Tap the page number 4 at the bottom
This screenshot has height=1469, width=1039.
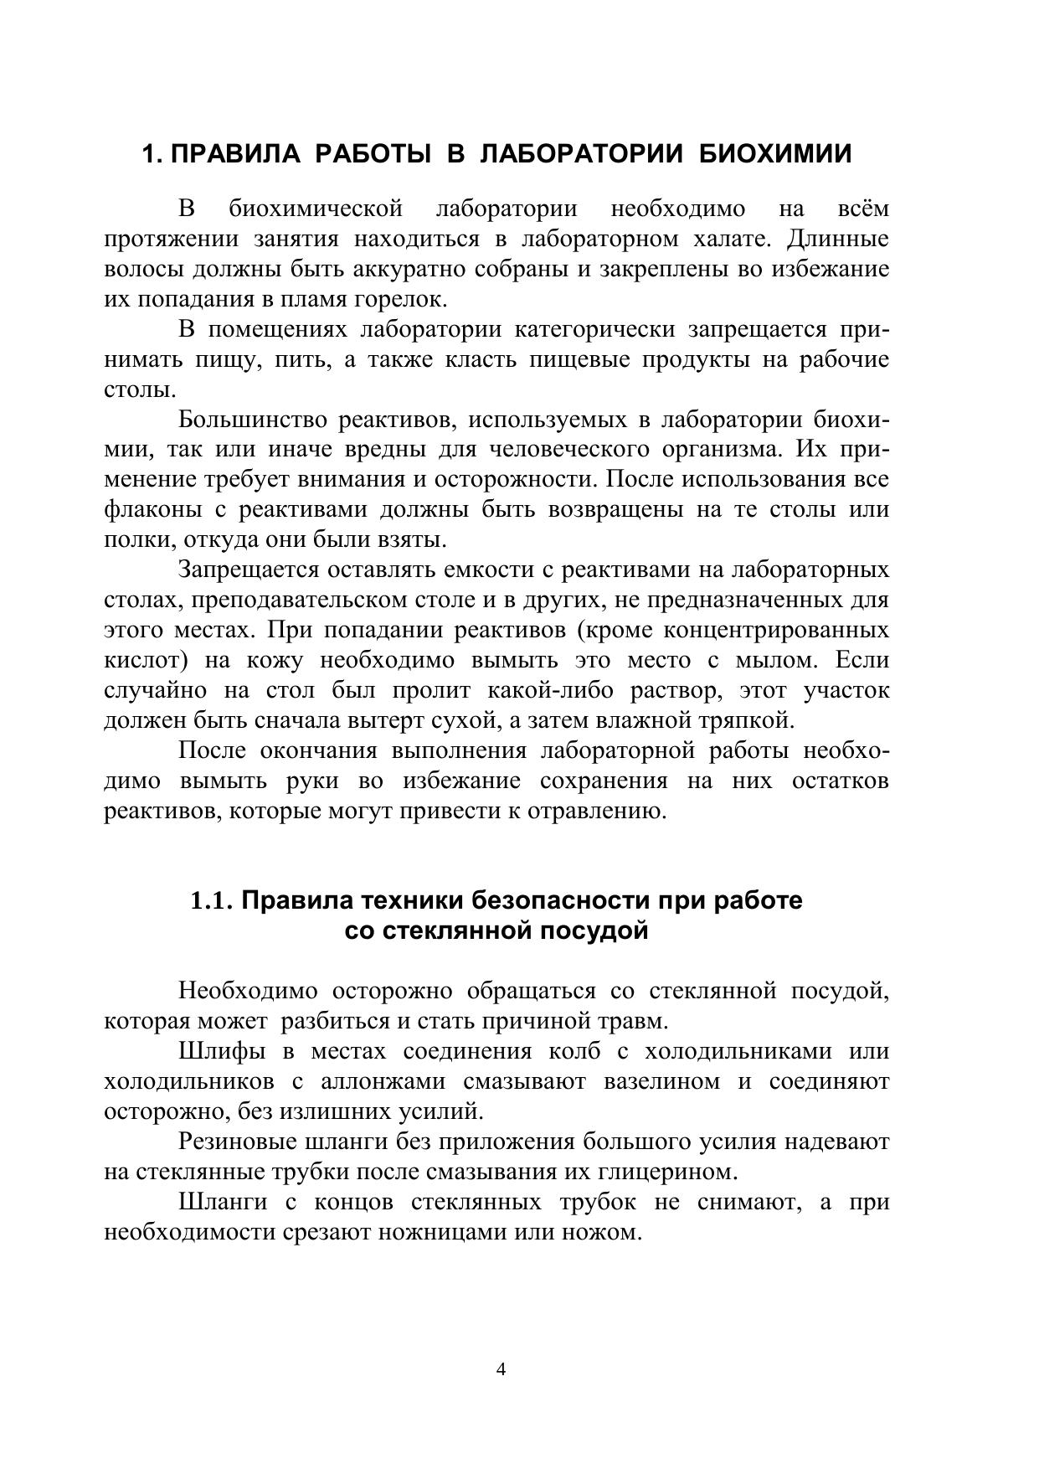click(x=501, y=1370)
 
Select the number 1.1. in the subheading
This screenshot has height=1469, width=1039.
click(x=212, y=901)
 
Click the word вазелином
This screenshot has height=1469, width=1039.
click(x=661, y=1082)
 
